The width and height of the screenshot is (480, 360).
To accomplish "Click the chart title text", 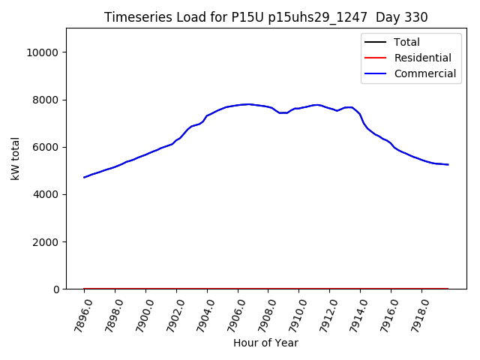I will [x=266, y=17].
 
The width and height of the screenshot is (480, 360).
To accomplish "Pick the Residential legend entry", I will [x=422, y=58].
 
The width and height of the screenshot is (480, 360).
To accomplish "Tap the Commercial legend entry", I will [x=424, y=73].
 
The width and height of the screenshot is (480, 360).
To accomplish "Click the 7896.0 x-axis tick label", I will [x=76, y=313].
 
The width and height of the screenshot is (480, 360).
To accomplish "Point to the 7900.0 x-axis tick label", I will [x=138, y=313].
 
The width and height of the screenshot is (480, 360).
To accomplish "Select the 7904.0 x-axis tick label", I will [x=199, y=313].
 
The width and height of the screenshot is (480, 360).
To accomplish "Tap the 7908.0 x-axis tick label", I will [x=261, y=313].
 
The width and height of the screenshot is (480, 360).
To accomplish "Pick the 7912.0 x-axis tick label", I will [x=322, y=313].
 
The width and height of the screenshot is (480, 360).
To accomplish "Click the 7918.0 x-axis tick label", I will [x=414, y=313].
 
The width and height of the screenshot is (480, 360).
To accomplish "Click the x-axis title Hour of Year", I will [x=265, y=343].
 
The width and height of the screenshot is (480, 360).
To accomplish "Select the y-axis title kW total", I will [x=16, y=159].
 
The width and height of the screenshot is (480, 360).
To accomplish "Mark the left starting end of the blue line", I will [x=84, y=177].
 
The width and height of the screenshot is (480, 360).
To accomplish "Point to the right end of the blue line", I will [x=448, y=164].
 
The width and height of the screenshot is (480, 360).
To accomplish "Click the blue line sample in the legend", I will [x=377, y=73].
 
